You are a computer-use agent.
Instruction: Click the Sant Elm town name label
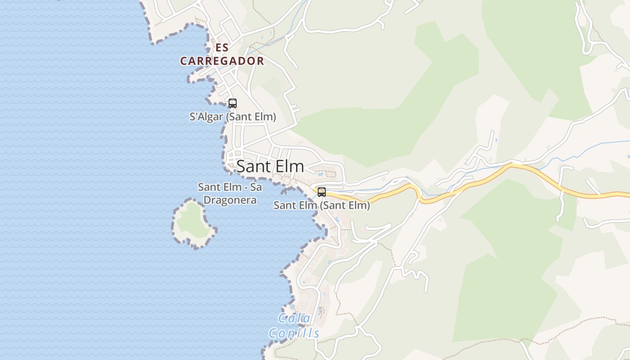(270, 166)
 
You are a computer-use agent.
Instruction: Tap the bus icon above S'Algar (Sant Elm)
(232, 103)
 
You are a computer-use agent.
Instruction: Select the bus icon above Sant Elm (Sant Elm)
(321, 192)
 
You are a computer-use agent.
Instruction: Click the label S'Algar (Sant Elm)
(232, 117)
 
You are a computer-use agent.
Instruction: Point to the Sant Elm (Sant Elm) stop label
(321, 206)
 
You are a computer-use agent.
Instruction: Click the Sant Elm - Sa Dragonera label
(229, 193)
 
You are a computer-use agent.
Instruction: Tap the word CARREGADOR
(222, 61)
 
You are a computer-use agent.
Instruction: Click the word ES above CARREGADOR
(222, 47)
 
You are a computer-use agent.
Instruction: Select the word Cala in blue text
(294, 319)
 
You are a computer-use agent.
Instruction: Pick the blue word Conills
(294, 333)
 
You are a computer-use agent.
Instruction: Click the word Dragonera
(230, 200)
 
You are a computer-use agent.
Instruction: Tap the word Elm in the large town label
(288, 166)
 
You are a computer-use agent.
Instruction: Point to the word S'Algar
(206, 117)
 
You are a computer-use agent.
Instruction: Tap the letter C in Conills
(273, 333)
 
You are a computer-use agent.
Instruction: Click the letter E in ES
(218, 47)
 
